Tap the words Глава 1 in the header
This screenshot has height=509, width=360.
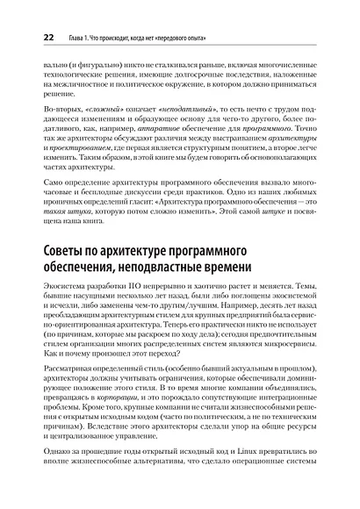pos(81,38)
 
